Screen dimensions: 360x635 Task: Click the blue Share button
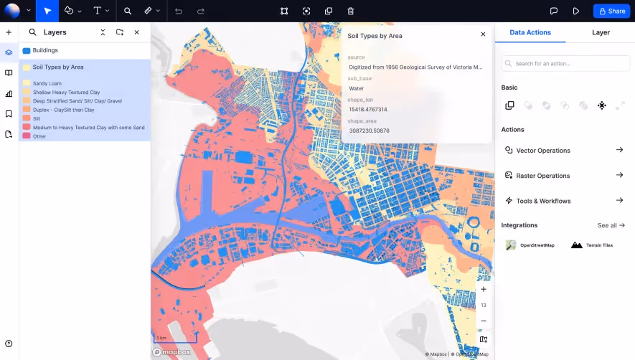(611, 11)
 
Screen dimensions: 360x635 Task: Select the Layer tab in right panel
(601, 32)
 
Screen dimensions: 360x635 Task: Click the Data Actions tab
(530, 32)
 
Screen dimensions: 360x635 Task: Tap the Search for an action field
(565, 64)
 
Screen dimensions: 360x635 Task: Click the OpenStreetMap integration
(530, 245)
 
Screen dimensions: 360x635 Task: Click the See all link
(611, 225)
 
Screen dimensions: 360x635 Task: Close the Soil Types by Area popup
(483, 34)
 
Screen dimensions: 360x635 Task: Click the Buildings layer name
(45, 50)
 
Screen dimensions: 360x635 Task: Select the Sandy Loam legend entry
(47, 83)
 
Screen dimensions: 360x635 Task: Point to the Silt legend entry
(37, 118)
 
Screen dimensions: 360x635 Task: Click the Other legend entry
(39, 136)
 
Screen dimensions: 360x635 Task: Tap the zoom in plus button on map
(484, 289)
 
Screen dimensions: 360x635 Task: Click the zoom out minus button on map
(484, 321)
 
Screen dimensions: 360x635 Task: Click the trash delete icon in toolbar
(350, 11)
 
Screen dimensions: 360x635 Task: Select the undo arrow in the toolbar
(179, 11)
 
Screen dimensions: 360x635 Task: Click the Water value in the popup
(357, 89)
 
